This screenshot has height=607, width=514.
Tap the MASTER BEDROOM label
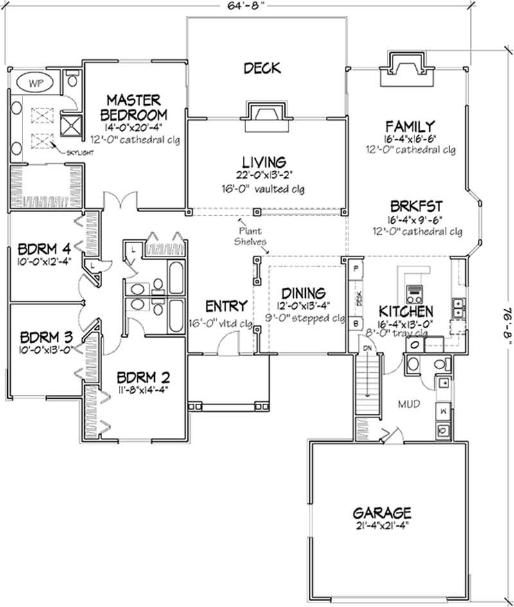(137, 107)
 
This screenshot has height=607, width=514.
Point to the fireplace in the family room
(404, 68)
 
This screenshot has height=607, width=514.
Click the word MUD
(408, 406)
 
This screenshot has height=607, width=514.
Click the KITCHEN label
(405, 310)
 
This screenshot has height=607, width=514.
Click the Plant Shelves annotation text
(251, 235)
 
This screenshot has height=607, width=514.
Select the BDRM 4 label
(44, 247)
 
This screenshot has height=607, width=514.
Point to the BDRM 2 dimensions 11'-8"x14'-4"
(145, 388)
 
